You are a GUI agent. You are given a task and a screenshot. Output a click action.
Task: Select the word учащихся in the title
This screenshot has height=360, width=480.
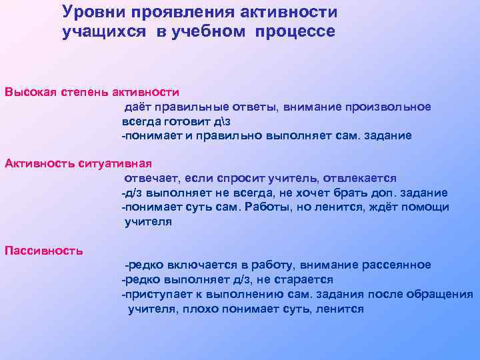97,33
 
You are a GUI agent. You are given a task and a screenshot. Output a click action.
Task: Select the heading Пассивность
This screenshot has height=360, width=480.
43,251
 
